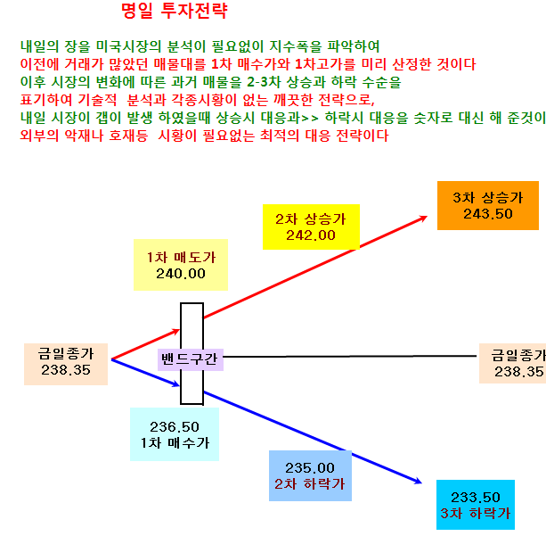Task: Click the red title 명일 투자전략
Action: [175, 11]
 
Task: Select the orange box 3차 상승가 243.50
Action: [488, 205]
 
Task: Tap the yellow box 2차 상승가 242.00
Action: [311, 227]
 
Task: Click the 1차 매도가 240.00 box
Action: [181, 265]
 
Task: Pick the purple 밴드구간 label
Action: [191, 359]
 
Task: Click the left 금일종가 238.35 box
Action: [66, 364]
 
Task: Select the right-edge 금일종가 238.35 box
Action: [512, 363]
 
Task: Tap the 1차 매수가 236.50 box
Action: [175, 434]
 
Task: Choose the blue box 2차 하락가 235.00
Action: [310, 475]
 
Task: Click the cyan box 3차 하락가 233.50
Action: [476, 505]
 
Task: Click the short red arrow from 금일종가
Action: [145, 344]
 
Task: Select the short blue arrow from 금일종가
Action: [145, 373]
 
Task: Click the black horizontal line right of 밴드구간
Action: [350, 357]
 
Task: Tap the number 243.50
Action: [488, 214]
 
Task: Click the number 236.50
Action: [175, 427]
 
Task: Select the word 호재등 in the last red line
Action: [128, 136]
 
